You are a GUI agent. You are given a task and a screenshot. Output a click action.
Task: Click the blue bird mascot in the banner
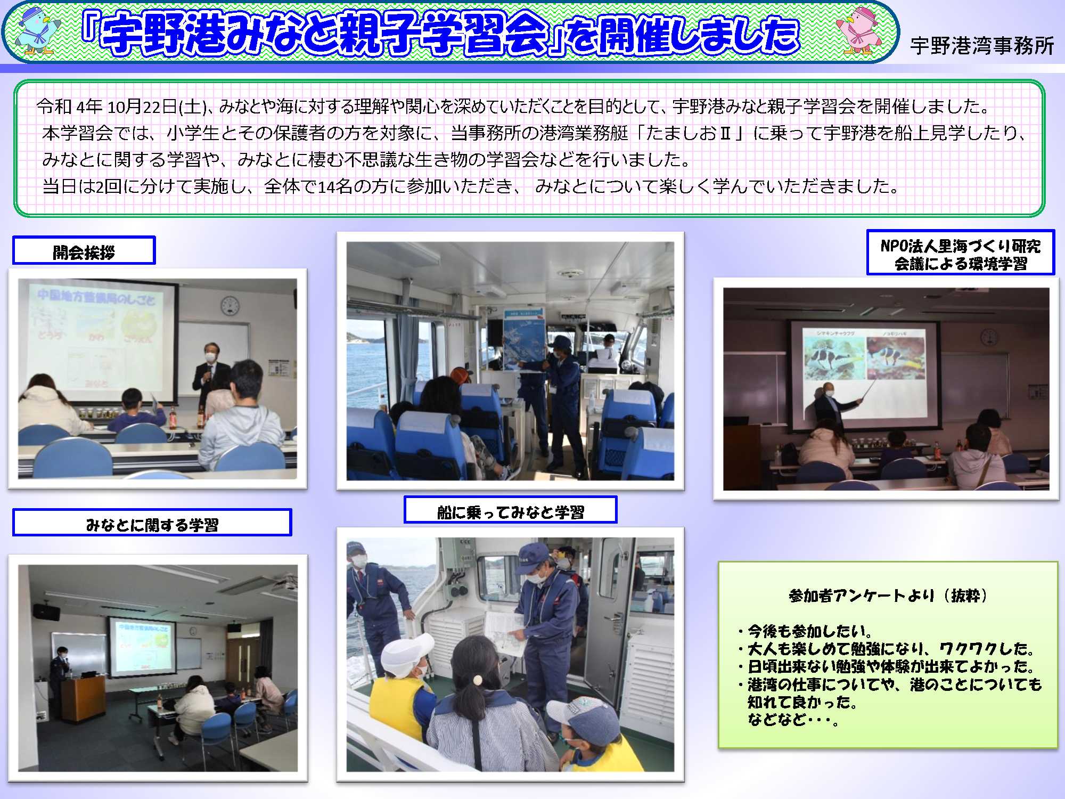37,31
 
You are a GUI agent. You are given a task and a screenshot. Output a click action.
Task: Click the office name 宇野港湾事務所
982,46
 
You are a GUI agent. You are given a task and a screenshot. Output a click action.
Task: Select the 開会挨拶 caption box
84,250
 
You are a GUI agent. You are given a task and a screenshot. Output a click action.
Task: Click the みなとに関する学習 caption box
152,523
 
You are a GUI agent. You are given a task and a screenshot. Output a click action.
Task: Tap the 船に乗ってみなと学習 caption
510,510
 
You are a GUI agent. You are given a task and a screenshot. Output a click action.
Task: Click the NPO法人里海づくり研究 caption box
960,252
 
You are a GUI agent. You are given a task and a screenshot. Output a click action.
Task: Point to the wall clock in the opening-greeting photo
230,306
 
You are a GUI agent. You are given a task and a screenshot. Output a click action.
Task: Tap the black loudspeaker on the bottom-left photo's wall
47,611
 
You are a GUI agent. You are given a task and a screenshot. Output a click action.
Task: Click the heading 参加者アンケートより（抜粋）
888,596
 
